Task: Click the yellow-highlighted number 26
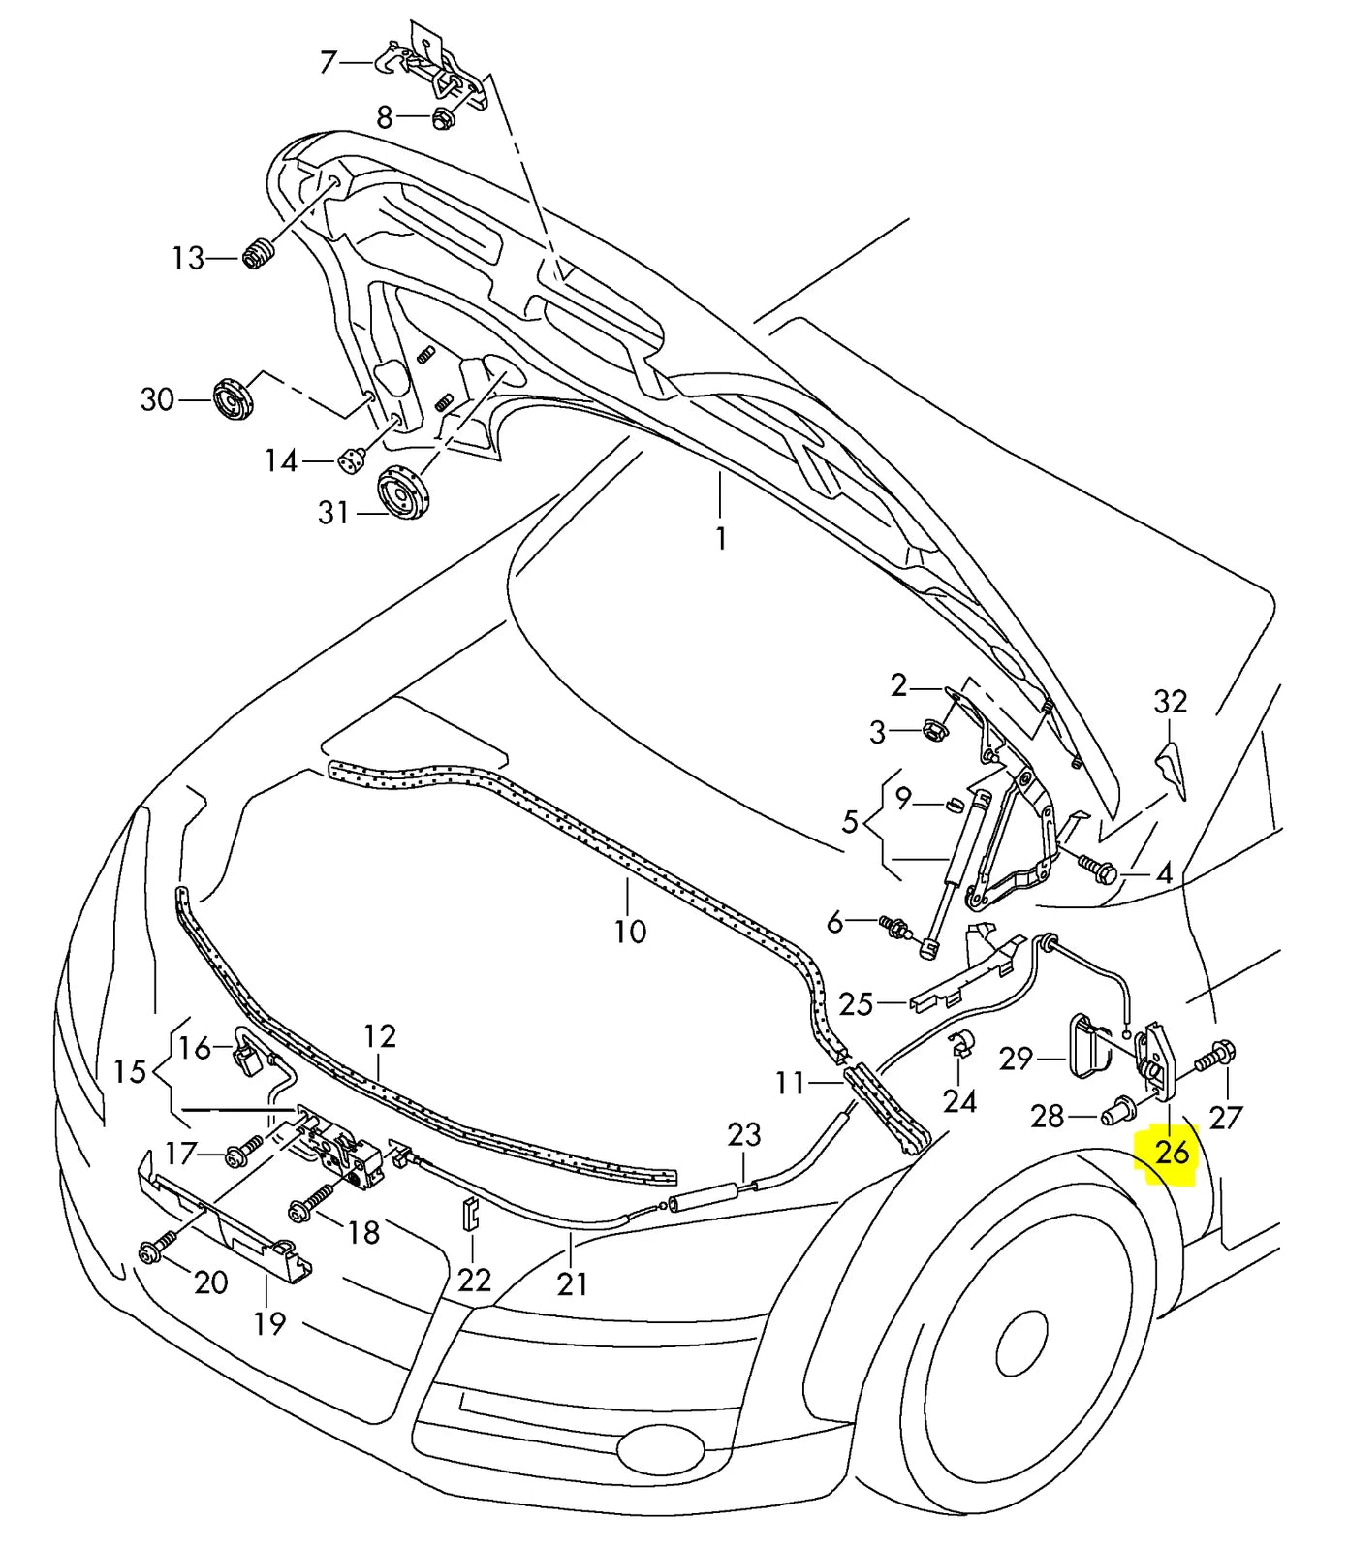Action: (x=1172, y=1153)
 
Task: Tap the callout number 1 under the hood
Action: (x=721, y=538)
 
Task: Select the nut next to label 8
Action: (x=443, y=120)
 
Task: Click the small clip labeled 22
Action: (x=470, y=1212)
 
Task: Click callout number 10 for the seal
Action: (x=630, y=932)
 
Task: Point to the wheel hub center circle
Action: (x=1020, y=1344)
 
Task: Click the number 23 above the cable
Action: (x=744, y=1135)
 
